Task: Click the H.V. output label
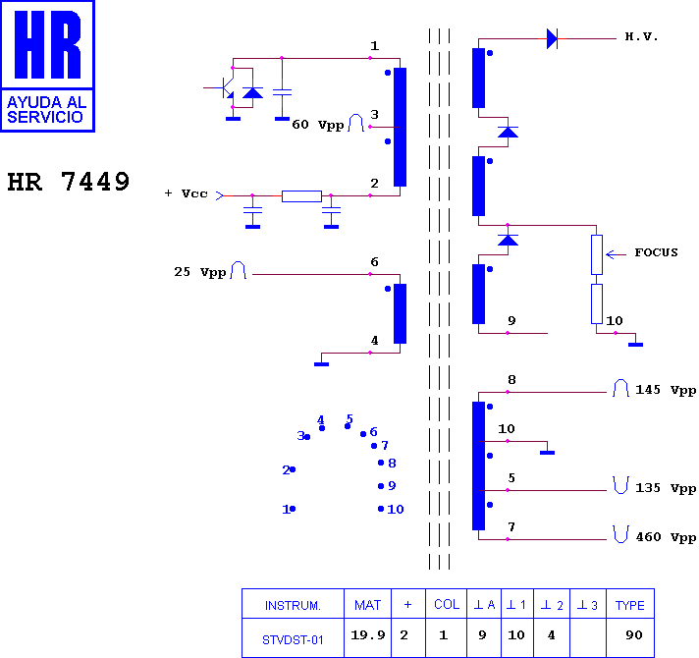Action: point(641,36)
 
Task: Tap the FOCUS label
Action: point(656,252)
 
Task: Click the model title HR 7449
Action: point(68,182)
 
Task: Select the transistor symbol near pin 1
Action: point(227,87)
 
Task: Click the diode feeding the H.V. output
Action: point(552,38)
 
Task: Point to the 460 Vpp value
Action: point(666,537)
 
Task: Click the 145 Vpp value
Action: point(666,390)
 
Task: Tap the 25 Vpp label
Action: point(199,272)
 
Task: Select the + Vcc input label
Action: point(186,193)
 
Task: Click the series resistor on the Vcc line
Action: point(301,196)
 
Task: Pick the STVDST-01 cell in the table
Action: point(293,640)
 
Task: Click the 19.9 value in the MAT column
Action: point(368,634)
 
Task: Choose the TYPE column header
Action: point(630,605)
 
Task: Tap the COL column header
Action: point(447,605)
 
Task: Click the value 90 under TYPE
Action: point(634,634)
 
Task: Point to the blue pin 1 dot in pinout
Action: point(293,509)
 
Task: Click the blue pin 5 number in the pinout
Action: point(349,419)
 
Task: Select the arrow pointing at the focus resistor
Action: point(617,254)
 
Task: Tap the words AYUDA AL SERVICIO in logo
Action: point(46,110)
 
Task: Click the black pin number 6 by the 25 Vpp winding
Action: point(374,262)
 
